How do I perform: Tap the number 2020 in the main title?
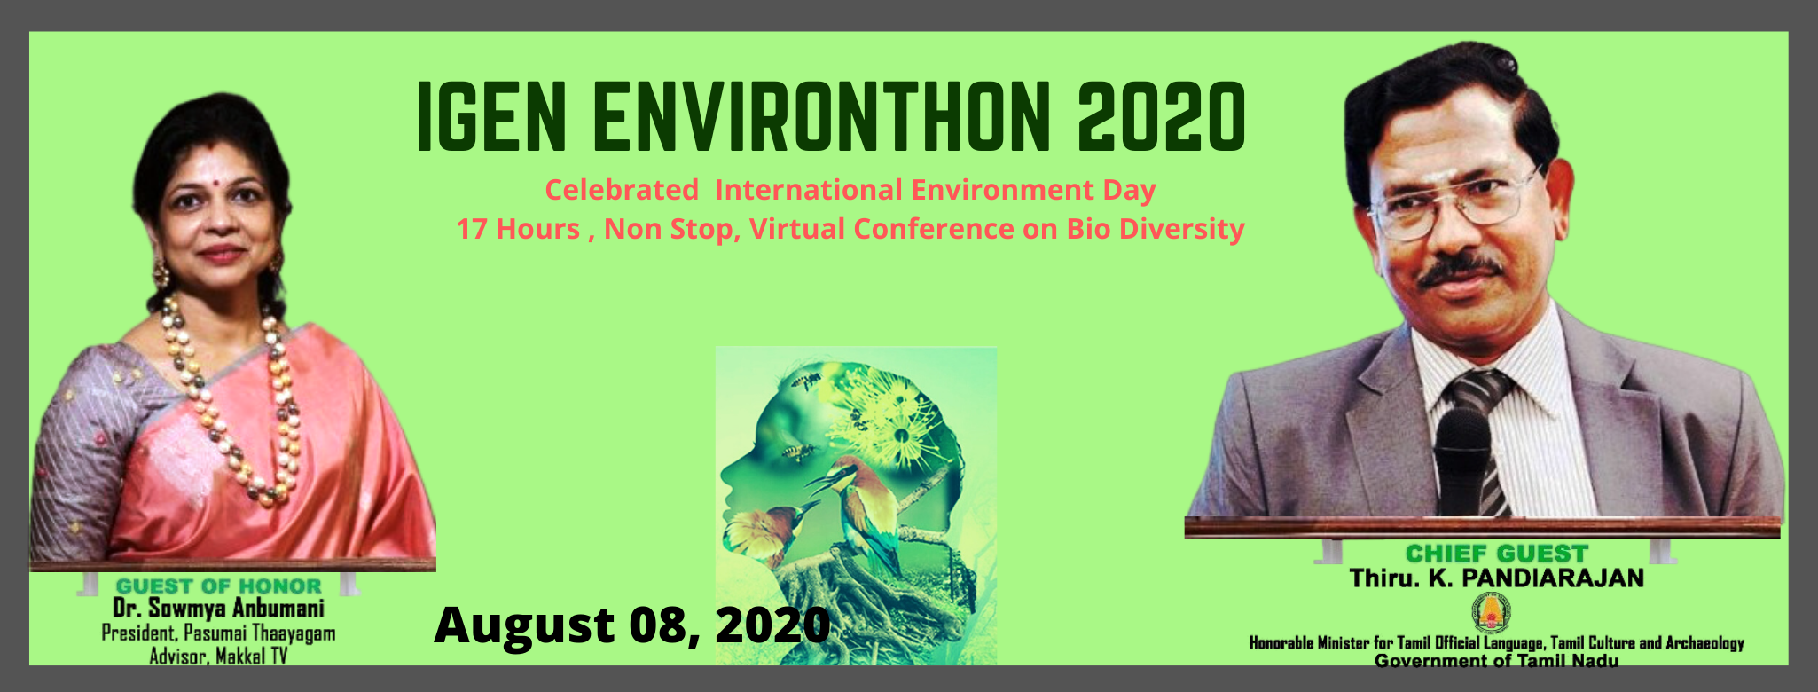point(1163,116)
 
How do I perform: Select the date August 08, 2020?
point(632,625)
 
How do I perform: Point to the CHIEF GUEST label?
point(1496,554)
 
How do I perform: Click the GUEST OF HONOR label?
point(219,586)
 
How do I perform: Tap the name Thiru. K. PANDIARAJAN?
point(1496,578)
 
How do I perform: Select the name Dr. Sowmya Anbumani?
point(219,609)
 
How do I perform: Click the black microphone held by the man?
point(1462,461)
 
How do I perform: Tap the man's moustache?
point(1460,271)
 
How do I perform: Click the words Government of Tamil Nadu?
point(1496,660)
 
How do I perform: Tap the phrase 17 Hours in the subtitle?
point(518,229)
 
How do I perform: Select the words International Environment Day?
point(936,190)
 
